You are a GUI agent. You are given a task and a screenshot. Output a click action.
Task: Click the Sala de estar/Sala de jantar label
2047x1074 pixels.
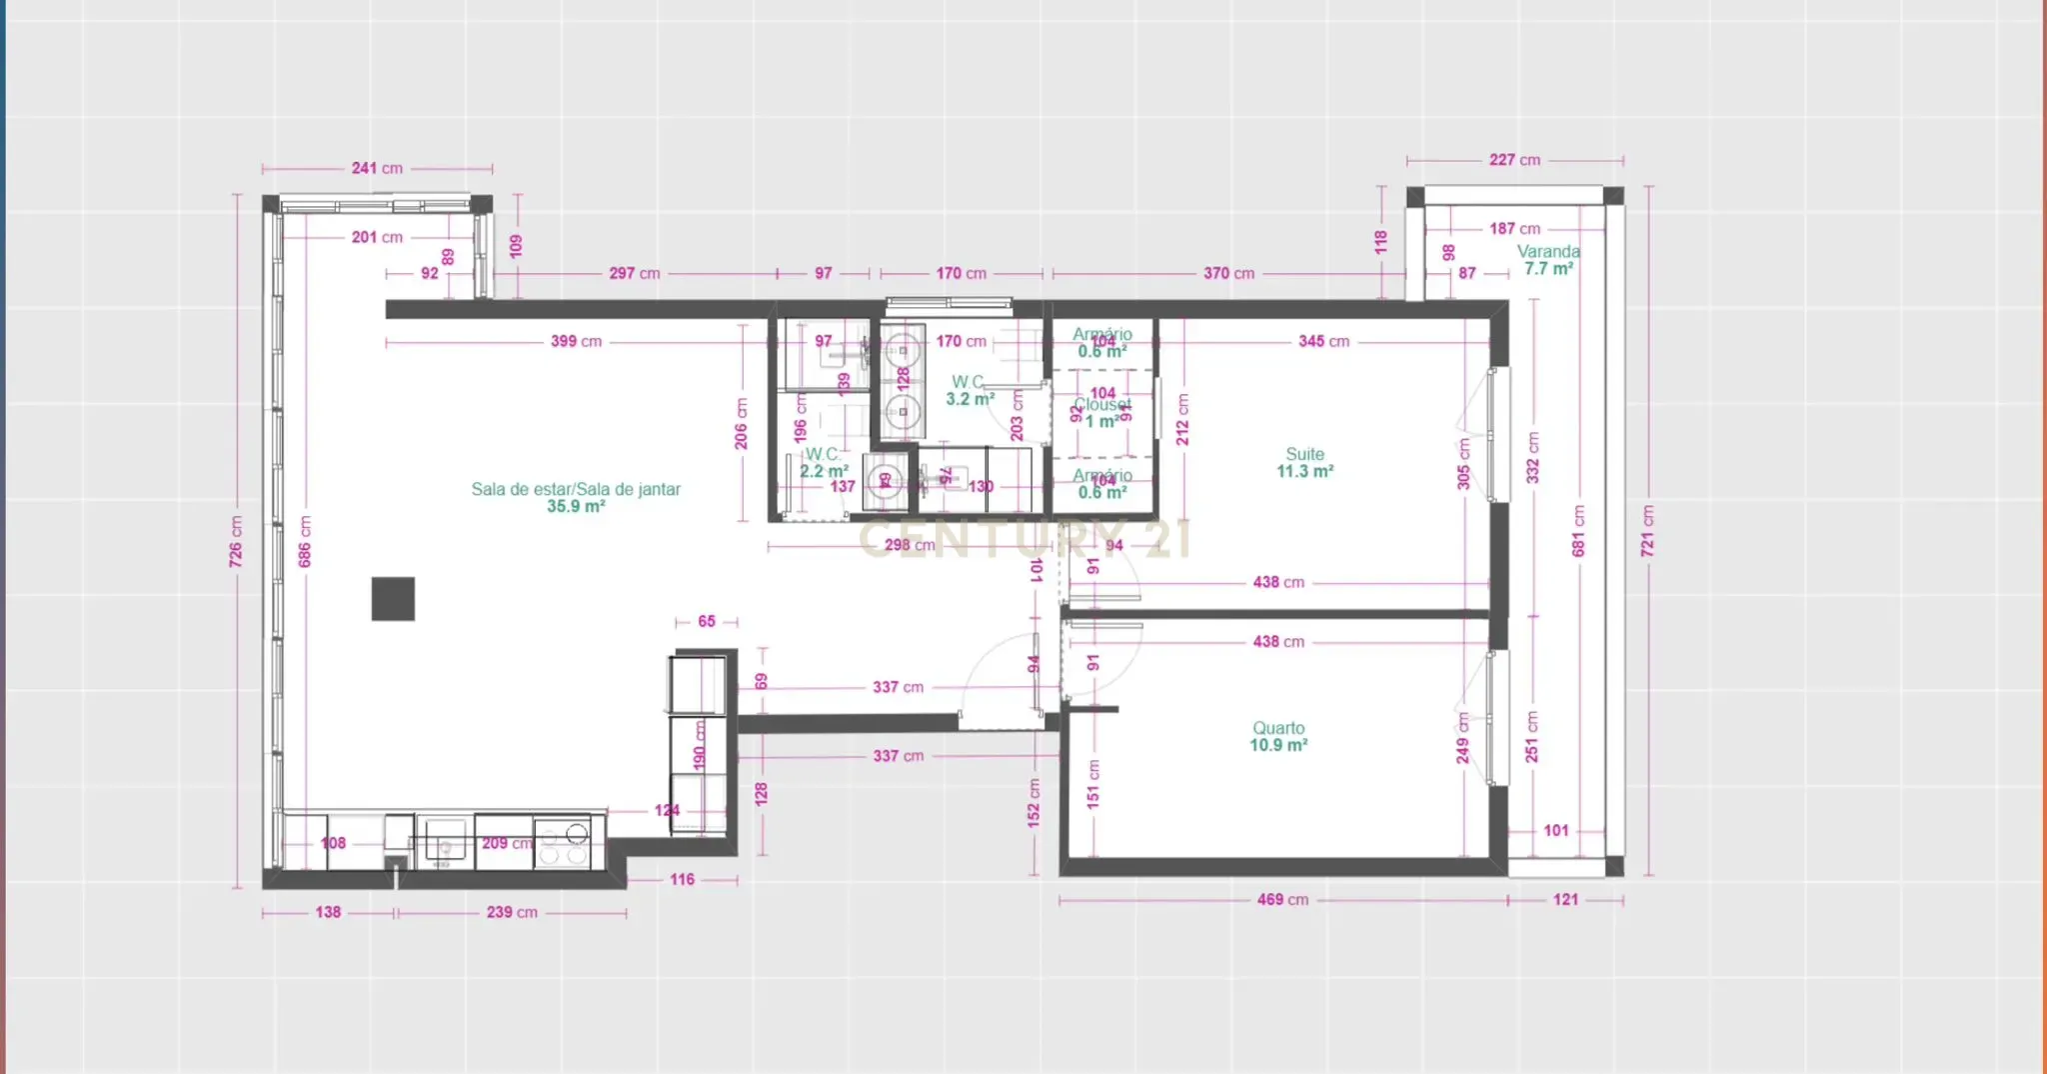coord(576,497)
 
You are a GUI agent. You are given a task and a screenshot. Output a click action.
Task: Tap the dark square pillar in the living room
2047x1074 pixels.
coord(393,598)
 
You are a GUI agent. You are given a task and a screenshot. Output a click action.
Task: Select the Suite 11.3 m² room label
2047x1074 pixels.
coord(1304,462)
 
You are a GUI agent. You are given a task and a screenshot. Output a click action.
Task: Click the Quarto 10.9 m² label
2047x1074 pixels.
coord(1278,736)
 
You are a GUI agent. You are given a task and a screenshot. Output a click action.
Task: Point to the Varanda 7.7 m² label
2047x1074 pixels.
coord(1548,260)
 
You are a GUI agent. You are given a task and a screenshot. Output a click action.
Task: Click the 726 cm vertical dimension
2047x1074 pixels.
coord(236,541)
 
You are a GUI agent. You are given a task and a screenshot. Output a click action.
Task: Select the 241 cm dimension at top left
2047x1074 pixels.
coord(377,168)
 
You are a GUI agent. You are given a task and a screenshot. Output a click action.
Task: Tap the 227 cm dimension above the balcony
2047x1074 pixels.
coord(1514,160)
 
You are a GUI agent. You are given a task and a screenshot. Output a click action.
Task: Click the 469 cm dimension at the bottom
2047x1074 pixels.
coord(1282,900)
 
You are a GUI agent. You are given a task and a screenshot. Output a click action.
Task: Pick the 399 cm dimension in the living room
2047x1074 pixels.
coord(576,341)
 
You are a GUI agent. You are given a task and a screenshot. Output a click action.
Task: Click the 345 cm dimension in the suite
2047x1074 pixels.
coord(1323,341)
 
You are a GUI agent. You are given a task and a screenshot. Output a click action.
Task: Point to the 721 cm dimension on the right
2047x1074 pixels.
coord(1647,530)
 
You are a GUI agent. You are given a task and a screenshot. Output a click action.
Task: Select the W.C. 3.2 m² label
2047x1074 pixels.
coord(969,390)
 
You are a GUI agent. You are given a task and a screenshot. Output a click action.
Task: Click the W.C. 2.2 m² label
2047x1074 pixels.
coord(824,462)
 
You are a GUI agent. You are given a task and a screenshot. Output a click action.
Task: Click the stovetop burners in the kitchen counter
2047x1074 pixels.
coord(563,843)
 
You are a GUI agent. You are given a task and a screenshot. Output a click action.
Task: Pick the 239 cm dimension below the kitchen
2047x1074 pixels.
coord(512,912)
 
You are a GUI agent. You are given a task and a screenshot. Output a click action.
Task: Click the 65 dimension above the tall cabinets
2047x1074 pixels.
coord(707,622)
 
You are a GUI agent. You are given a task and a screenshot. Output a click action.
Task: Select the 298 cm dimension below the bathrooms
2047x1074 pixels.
coord(909,545)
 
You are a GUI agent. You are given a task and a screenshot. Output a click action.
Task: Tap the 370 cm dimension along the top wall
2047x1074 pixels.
coord(1228,273)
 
